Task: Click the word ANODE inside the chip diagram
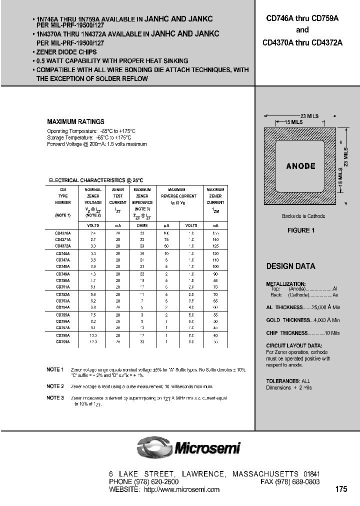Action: pos(300,166)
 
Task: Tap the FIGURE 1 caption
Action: pos(300,230)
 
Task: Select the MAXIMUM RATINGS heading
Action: pos(75,121)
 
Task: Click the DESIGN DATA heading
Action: pos(290,266)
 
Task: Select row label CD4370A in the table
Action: pos(62,233)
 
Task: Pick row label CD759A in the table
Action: pos(62,341)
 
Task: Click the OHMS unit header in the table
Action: pos(142,225)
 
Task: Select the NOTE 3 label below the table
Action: pos(55,398)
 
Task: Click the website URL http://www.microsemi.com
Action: pos(181,489)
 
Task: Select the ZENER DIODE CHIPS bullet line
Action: pos(66,52)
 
